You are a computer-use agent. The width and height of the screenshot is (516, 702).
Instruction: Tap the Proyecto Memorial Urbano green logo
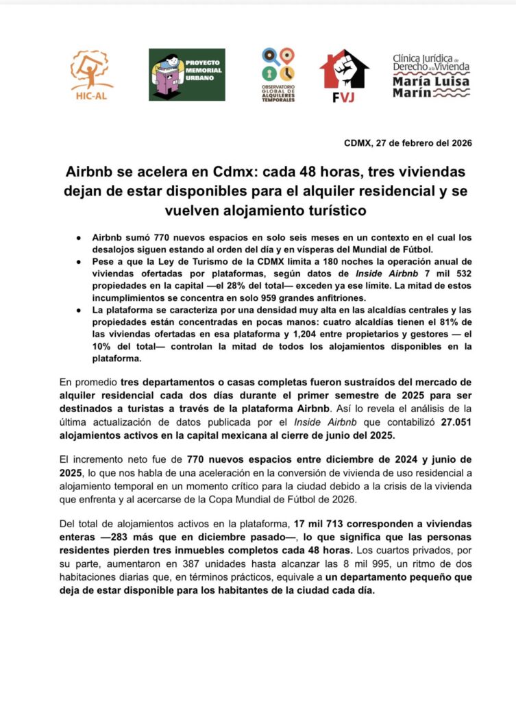(186, 75)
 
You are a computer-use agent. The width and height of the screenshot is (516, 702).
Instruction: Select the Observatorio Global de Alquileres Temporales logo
(278, 74)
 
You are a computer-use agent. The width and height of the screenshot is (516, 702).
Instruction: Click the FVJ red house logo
(344, 75)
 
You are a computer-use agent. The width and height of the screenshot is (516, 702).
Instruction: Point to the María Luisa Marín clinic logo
(432, 75)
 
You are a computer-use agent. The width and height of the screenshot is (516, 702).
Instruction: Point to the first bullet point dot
(79, 237)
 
